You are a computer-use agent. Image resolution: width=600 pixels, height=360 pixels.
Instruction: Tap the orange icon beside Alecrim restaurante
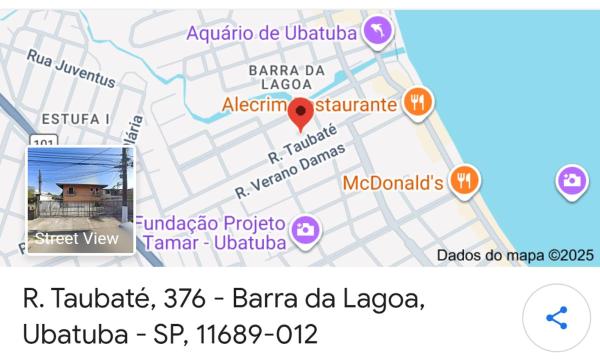point(417,101)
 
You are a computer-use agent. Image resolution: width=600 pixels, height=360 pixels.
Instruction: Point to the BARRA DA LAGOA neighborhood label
point(288,77)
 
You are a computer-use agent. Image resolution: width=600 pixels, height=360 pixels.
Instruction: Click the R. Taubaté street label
point(301,146)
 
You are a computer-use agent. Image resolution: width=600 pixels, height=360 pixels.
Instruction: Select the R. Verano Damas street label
point(289,170)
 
